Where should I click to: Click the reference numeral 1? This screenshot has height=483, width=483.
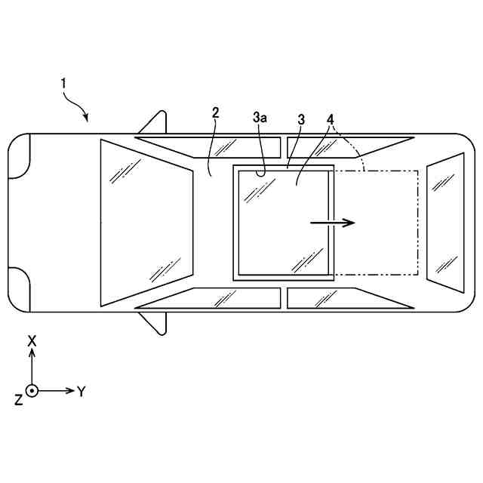63,84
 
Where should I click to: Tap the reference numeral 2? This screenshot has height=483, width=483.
215,112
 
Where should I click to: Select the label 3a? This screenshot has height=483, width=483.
260,118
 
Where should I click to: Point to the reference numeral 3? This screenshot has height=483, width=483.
301,119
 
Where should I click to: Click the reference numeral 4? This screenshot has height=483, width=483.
331,119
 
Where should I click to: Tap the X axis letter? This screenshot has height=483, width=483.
32,341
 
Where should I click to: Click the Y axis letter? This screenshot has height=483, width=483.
81,392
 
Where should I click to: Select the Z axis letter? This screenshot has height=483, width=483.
19,400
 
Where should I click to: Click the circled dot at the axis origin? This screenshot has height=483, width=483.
32,391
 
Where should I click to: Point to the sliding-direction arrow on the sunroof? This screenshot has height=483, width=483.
333,223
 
